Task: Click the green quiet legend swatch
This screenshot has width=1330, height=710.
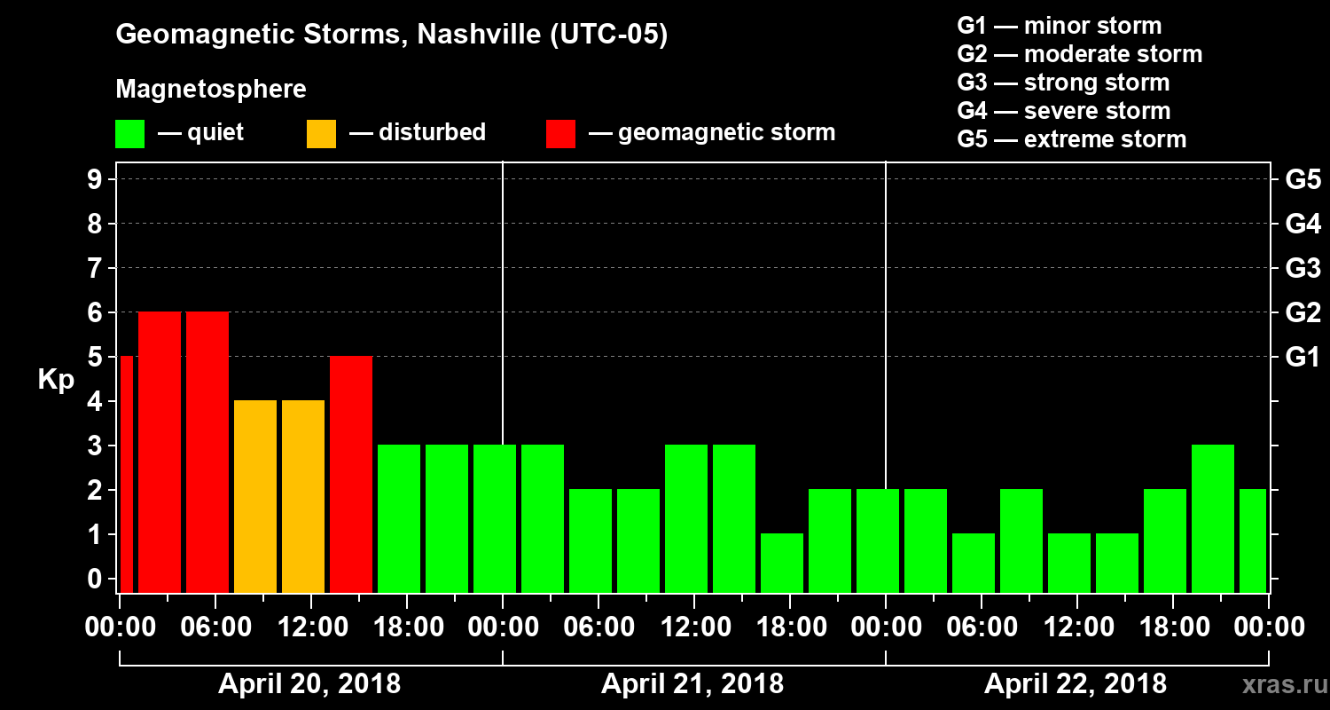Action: click(129, 133)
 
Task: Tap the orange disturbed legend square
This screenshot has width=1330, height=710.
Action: click(321, 133)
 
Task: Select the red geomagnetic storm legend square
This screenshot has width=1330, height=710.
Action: click(560, 133)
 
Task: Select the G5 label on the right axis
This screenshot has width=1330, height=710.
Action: click(1303, 180)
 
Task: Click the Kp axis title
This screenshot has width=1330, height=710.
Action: click(56, 380)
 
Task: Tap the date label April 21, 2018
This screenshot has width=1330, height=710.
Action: click(692, 684)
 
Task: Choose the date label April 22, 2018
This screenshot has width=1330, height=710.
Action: click(1076, 684)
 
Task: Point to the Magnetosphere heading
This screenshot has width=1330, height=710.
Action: click(211, 90)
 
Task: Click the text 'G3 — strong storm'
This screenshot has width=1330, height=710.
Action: click(1063, 83)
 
